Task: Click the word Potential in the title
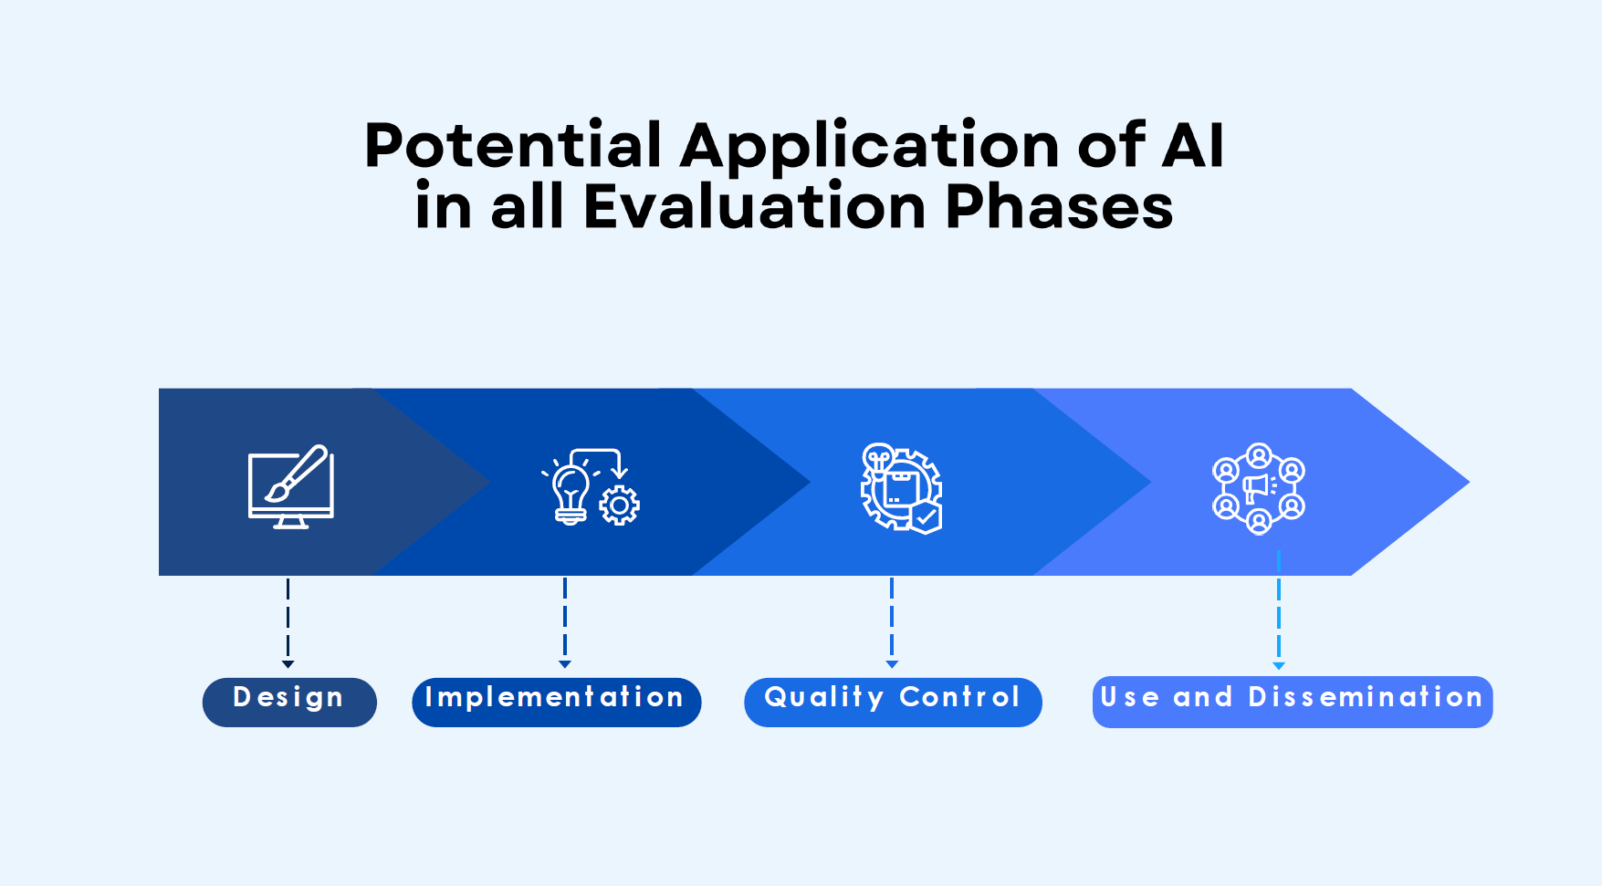[x=513, y=145]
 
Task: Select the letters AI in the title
[x=1193, y=145]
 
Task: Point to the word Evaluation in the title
[x=755, y=206]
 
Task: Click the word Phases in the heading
[x=1059, y=206]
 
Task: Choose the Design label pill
[x=289, y=702]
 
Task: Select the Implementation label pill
[x=557, y=702]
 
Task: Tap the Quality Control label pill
[x=893, y=702]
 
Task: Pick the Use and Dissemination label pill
[x=1293, y=702]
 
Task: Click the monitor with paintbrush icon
[x=291, y=487]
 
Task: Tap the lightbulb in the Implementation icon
[x=571, y=494]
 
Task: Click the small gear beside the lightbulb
[x=620, y=505]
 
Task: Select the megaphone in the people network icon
[x=1259, y=487]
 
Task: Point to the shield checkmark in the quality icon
[x=927, y=516]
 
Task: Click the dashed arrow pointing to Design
[x=288, y=623]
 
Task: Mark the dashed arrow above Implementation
[x=565, y=623]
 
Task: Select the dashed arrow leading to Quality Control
[x=892, y=623]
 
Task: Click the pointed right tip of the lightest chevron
[x=1469, y=482]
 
